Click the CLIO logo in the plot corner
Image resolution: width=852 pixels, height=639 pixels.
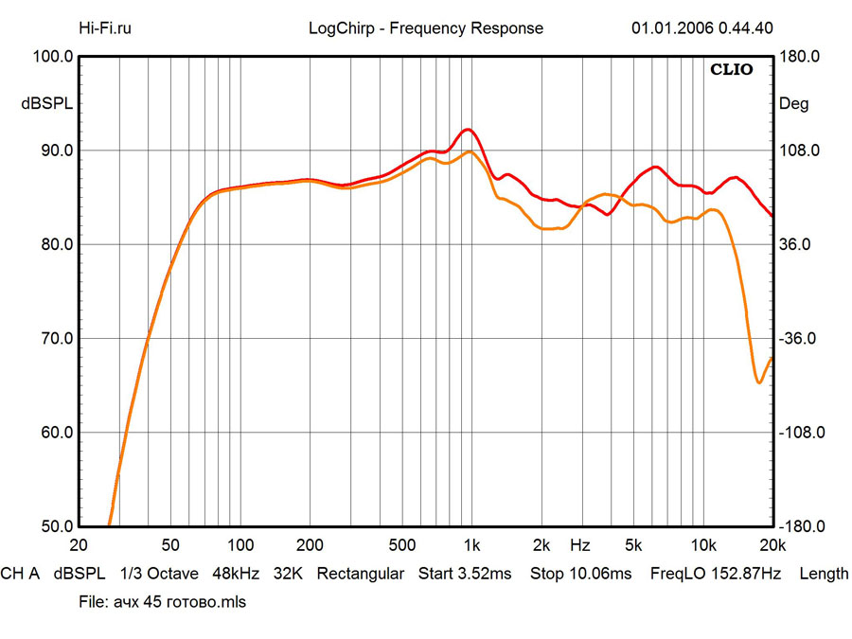pyautogui.click(x=733, y=70)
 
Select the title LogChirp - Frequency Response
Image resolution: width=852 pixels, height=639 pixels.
pyautogui.click(x=426, y=28)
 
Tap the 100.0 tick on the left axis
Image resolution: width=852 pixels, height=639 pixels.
pyautogui.click(x=53, y=57)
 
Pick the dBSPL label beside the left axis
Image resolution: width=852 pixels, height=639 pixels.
pyautogui.click(x=47, y=104)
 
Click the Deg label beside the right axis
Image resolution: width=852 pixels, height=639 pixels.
pyautogui.click(x=793, y=104)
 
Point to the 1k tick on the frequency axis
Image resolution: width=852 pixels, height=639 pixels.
pyautogui.click(x=470, y=546)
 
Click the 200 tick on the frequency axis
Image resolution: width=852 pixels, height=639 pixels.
pyautogui.click(x=309, y=546)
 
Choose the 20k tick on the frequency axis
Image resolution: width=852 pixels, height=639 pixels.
pyautogui.click(x=772, y=546)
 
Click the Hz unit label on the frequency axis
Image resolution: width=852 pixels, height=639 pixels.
pyautogui.click(x=580, y=546)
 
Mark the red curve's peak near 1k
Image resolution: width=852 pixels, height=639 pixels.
pyautogui.click(x=467, y=130)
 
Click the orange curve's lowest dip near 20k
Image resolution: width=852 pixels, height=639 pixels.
pyautogui.click(x=759, y=382)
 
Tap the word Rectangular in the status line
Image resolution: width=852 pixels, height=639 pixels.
pyautogui.click(x=361, y=574)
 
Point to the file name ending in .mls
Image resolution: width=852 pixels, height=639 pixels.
pyautogui.click(x=179, y=602)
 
